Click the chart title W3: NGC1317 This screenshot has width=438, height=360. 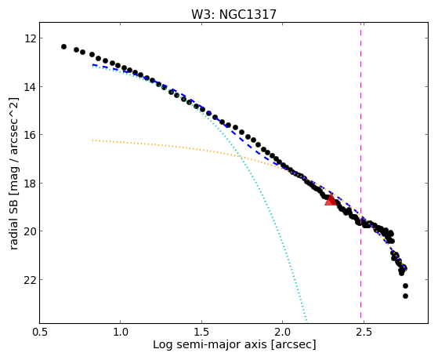tap(233, 14)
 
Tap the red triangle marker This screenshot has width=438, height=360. tap(331, 199)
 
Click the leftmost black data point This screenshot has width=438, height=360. tap(63, 46)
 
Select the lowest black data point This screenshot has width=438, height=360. tap(405, 296)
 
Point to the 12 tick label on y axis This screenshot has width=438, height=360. tap(30, 38)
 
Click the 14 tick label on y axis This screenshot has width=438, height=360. tap(30, 87)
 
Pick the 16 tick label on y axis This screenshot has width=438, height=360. tap(30, 135)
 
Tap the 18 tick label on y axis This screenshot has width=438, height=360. tap(30, 184)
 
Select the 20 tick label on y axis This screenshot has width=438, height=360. tap(30, 231)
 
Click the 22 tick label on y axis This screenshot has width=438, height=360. tap(30, 280)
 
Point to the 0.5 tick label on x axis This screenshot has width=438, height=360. tap(40, 332)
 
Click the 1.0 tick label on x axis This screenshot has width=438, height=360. tap(121, 332)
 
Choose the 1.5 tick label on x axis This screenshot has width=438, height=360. tap(201, 332)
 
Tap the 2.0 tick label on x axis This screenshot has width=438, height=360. tap(282, 332)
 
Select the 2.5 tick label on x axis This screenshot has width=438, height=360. tap(364, 332)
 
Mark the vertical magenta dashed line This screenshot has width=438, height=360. tap(360, 173)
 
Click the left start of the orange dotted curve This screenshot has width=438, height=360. tap(92, 140)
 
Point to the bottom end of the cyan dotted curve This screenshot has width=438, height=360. tap(306, 322)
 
